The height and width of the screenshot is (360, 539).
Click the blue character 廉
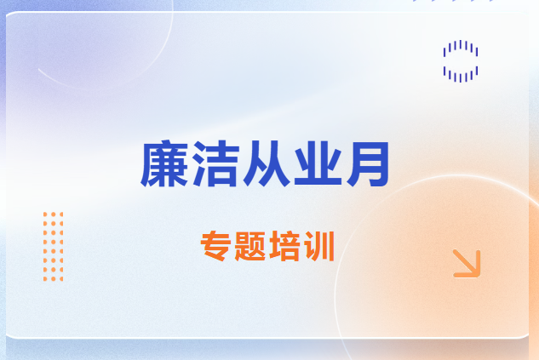point(164,163)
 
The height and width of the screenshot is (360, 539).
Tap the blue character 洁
point(215,163)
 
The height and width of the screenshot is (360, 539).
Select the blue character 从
point(267,163)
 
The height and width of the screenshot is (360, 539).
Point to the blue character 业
point(318,163)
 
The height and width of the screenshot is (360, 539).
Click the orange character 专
point(215,246)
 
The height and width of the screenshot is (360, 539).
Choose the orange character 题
point(249,246)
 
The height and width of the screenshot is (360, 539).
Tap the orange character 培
point(284,246)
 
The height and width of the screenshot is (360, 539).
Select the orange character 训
point(319,246)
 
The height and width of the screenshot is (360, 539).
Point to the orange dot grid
point(54,246)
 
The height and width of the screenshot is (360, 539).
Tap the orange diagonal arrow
point(466,263)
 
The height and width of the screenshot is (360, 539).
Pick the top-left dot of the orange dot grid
point(45,214)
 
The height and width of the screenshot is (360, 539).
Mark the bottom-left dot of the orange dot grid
point(45,279)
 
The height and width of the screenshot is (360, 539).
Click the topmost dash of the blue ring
point(461,44)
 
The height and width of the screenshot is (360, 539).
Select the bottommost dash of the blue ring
point(461,78)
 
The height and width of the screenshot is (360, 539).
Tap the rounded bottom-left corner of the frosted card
point(9,335)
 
